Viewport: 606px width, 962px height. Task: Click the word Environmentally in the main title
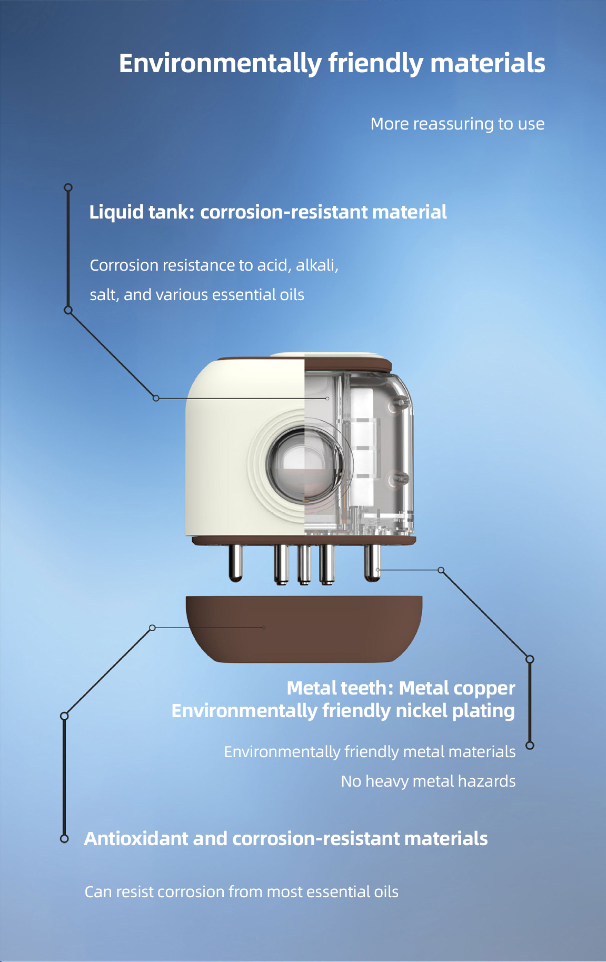[220, 64]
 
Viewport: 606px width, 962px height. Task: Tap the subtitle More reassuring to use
[457, 124]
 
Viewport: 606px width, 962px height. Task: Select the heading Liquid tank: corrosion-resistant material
[267, 212]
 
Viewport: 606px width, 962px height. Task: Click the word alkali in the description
[315, 265]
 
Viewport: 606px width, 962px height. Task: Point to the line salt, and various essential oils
[197, 294]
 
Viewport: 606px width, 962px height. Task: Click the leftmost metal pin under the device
[235, 562]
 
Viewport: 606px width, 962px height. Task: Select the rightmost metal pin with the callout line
[372, 562]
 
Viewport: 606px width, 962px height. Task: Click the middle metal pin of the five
[304, 564]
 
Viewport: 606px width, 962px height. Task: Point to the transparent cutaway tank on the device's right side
[369, 448]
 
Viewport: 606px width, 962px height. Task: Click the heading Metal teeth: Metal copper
[401, 688]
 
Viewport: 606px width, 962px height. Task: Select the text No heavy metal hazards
[428, 781]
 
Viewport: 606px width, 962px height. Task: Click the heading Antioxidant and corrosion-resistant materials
[286, 838]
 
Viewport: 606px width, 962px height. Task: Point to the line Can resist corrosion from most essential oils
[241, 891]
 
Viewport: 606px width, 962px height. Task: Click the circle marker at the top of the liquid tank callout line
[68, 187]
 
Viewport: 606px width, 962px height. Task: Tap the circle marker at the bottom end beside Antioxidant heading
[64, 838]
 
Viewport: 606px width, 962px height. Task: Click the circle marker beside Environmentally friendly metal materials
[530, 745]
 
